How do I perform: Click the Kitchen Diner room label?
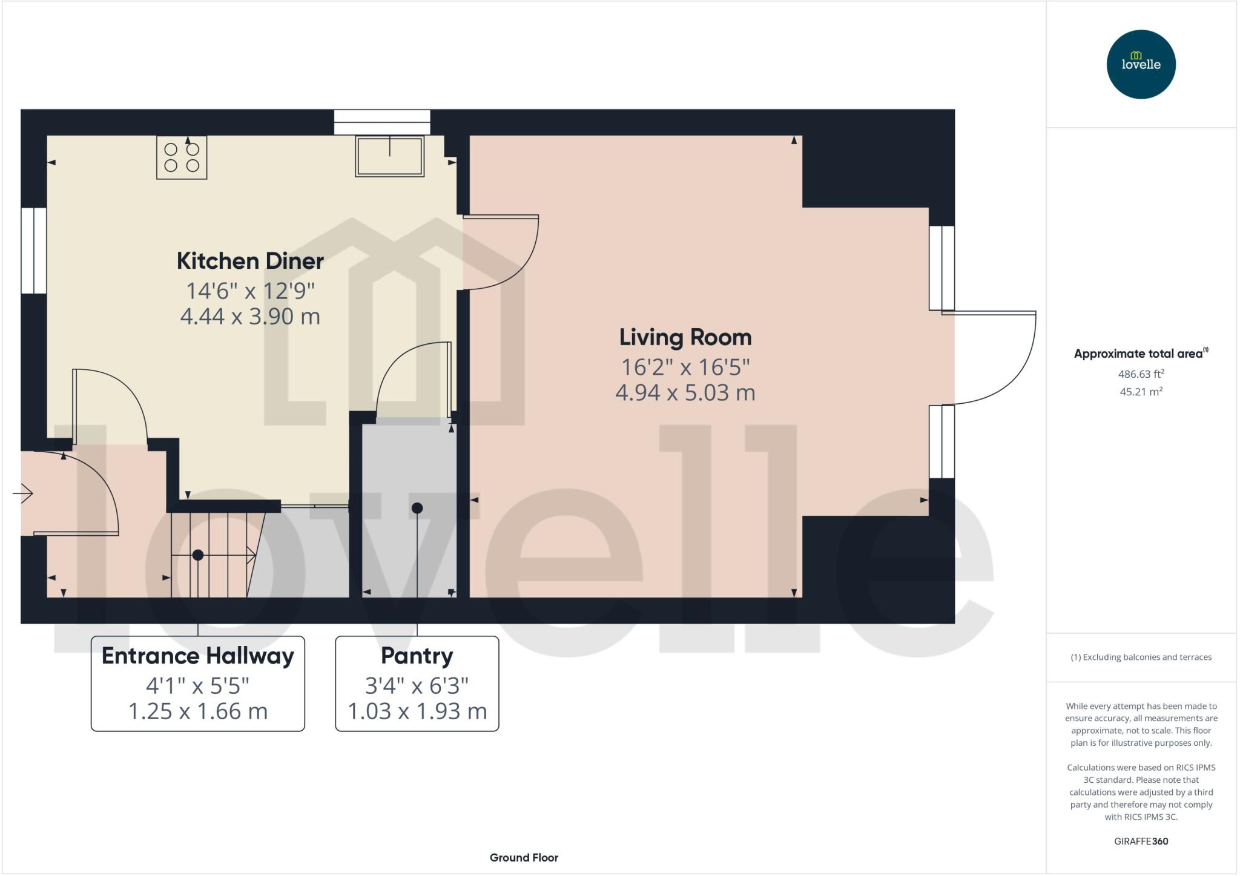[250, 261]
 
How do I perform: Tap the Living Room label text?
[685, 337]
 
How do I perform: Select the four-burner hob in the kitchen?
[182, 157]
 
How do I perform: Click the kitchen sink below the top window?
[389, 157]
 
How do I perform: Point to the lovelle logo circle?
[1141, 64]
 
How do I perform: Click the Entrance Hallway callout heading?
[197, 656]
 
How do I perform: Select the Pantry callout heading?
[417, 656]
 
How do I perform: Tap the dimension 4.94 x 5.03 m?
[685, 393]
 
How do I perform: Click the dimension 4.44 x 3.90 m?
[250, 316]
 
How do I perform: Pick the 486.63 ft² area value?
[1141, 374]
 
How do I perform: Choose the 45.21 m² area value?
[1141, 392]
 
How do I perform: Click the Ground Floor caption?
[524, 857]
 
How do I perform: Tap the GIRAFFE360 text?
[1141, 841]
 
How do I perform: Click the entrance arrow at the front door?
[23, 493]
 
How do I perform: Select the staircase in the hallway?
[212, 554]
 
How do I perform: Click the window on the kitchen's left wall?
[34, 251]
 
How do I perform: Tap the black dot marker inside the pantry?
[417, 508]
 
